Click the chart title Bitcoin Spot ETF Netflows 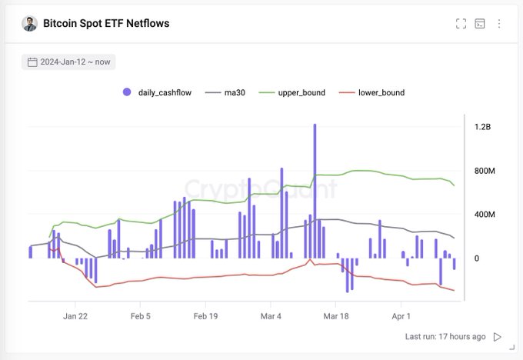click(106, 23)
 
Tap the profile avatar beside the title click(29, 23)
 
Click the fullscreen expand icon click(461, 23)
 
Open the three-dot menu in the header click(499, 23)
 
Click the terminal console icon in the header click(480, 23)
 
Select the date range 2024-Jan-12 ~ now click(69, 62)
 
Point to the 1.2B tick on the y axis click(482, 126)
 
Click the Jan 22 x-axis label click(75, 315)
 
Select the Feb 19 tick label click(206, 315)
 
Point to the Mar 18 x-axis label click(337, 315)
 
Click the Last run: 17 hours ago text click(445, 336)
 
